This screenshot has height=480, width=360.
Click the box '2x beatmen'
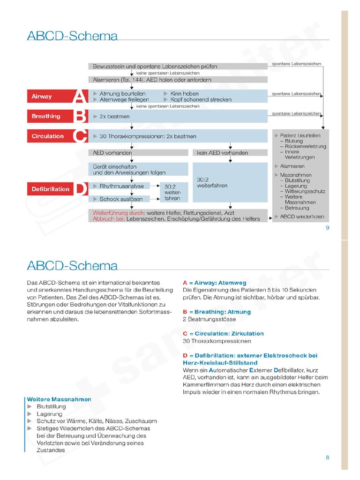point(178,116)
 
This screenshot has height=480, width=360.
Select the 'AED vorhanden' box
point(138,153)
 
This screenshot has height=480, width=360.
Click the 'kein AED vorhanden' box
point(230,153)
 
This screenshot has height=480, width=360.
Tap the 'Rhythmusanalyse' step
point(119,186)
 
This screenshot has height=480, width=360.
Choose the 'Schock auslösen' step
point(119,199)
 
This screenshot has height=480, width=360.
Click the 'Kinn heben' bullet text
point(185,94)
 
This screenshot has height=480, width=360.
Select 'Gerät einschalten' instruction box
point(138,169)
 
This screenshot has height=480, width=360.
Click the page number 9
point(327,228)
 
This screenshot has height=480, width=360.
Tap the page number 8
point(327,457)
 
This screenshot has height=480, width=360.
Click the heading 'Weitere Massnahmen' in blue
point(59,399)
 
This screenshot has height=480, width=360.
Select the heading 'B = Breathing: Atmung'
point(217,312)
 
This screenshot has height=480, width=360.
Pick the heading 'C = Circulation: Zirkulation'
point(223,334)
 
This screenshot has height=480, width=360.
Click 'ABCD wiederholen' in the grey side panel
point(301,217)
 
